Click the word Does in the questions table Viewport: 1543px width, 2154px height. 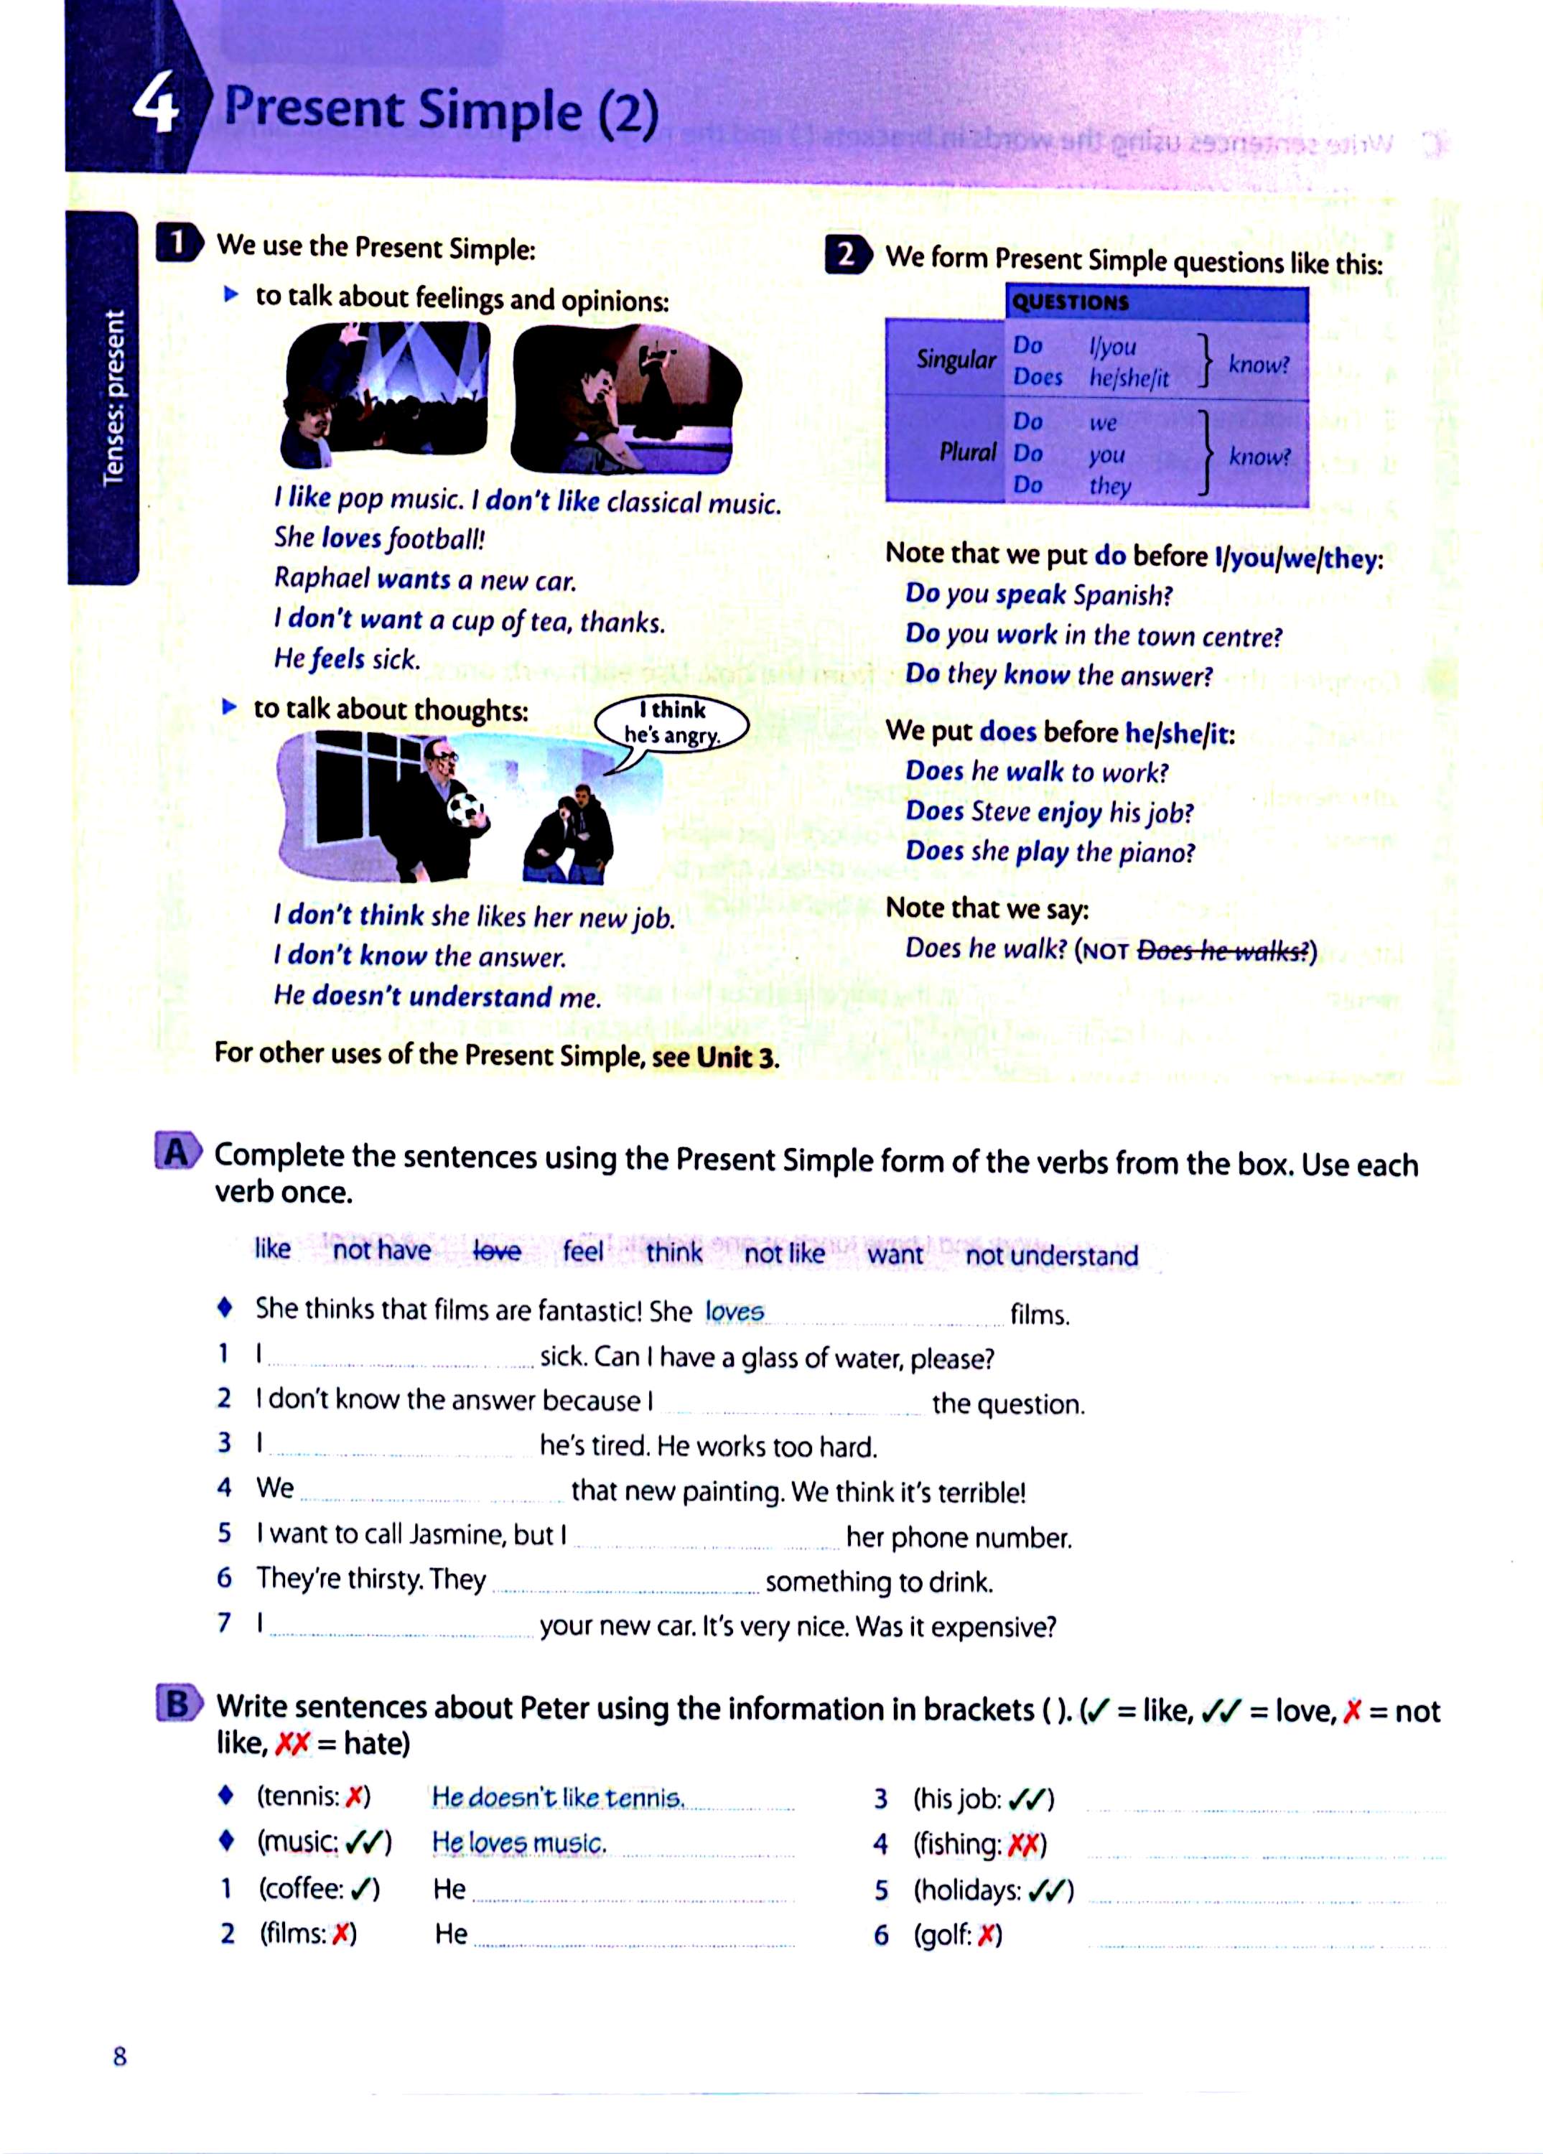pos(1037,377)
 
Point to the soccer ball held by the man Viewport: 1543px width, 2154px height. pos(466,810)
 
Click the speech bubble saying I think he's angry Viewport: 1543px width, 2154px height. pos(672,724)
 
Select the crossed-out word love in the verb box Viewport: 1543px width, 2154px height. pos(497,1251)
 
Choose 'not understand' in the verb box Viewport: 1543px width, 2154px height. pos(1051,1256)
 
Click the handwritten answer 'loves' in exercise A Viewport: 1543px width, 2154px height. pos(734,1312)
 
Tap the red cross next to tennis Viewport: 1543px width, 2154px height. pos(354,1796)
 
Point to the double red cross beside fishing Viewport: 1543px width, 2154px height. pos(1022,1845)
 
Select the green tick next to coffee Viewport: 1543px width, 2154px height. pos(359,1889)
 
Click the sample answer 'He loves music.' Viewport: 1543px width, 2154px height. pos(518,1843)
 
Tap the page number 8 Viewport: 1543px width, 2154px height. pos(120,2056)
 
